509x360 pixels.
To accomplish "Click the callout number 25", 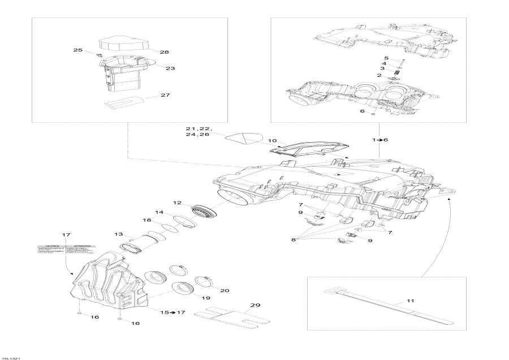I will [x=78, y=50].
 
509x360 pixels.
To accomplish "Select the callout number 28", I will [x=164, y=52].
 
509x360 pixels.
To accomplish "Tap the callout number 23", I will [x=170, y=68].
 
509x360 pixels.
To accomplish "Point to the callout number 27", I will [x=165, y=95].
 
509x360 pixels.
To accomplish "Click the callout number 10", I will [x=272, y=140].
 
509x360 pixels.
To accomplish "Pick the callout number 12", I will [x=177, y=202].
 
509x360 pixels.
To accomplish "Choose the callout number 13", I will [x=118, y=234].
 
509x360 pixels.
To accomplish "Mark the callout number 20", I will [x=225, y=291].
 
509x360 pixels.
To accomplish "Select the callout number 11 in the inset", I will [x=411, y=301].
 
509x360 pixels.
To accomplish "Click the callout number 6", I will [x=363, y=112].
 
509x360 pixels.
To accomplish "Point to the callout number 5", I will [x=386, y=58].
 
